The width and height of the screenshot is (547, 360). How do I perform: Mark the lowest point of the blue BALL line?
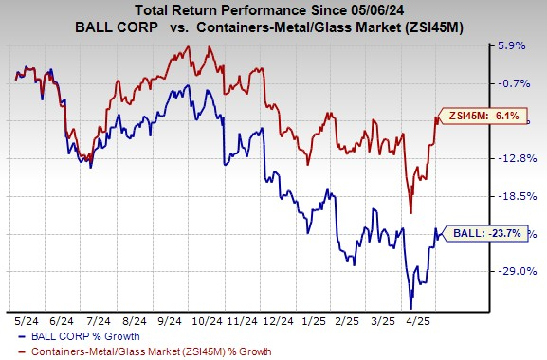[410, 308]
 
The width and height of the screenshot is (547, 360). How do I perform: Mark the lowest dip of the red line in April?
[410, 213]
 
